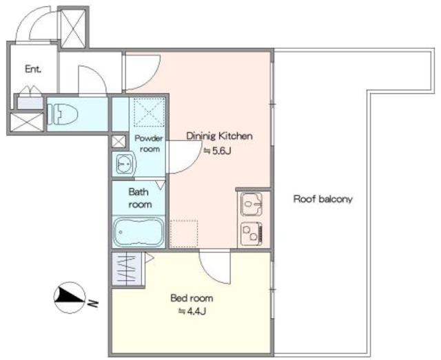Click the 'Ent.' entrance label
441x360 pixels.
point(33,69)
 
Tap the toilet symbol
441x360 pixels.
point(63,114)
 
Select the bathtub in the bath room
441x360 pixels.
point(139,232)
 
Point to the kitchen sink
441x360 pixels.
point(252,204)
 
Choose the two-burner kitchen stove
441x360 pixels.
point(252,233)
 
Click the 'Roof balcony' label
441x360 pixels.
point(323,199)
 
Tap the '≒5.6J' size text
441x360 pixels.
point(218,151)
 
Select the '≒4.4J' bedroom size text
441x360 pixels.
point(193,311)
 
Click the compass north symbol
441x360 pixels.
point(70,297)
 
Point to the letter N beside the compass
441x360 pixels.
point(92,304)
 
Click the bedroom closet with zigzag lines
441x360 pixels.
point(127,269)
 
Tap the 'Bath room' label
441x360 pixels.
point(140,198)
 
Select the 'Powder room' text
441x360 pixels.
point(149,144)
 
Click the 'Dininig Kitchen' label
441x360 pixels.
point(220,136)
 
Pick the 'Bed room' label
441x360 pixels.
point(192,298)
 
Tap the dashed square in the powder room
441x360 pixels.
point(149,112)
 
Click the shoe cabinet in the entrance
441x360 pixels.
point(30,103)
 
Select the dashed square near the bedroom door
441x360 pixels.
point(184,234)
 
